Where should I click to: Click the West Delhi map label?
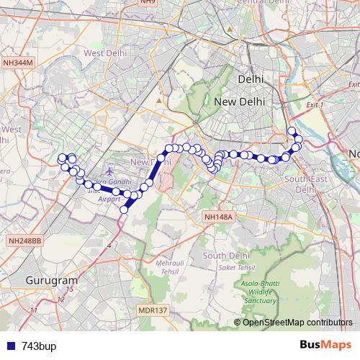point(105,53)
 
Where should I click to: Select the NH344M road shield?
point(18,63)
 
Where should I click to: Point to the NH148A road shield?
point(218,215)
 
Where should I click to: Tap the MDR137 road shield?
point(152,310)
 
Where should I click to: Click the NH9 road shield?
point(148,3)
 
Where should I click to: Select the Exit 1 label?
point(317,105)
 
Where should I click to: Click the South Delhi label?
point(225,256)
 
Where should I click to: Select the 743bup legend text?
point(39,346)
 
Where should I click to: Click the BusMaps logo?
point(325,345)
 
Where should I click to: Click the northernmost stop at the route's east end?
point(292,130)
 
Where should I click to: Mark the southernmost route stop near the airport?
point(124,210)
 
